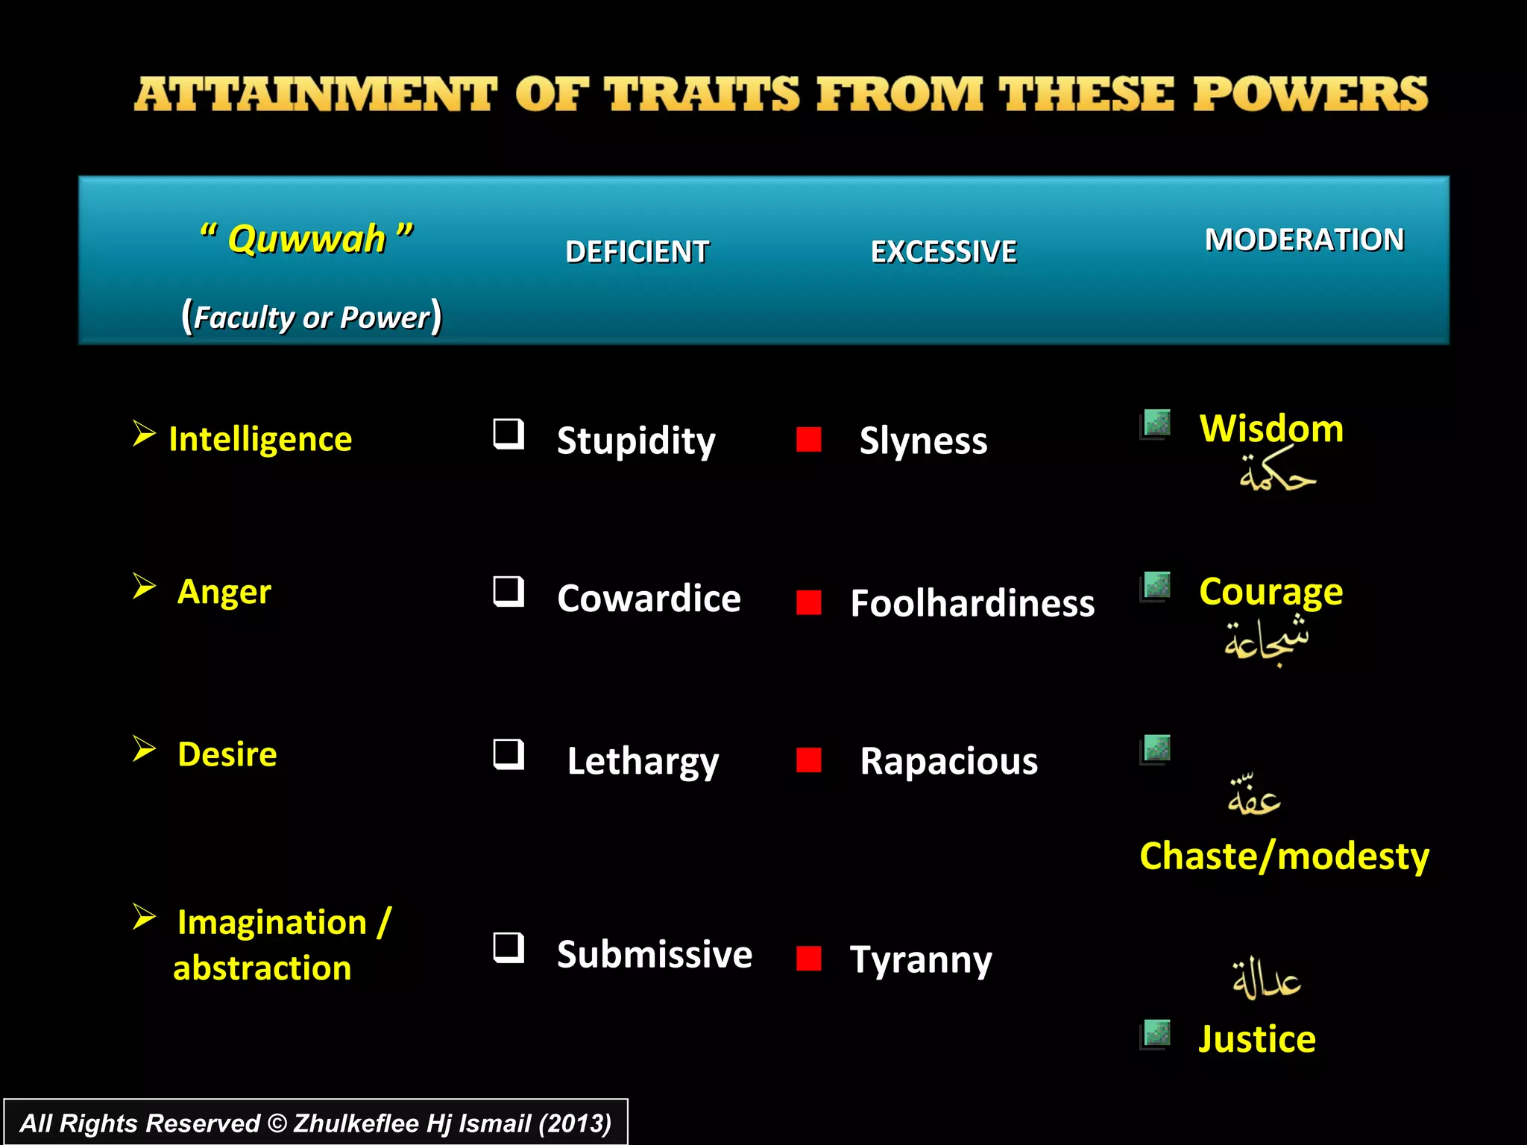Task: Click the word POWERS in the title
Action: [x=1310, y=95]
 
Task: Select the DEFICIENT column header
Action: [x=637, y=252]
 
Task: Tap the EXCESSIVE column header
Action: [x=943, y=252]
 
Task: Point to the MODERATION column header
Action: [x=1304, y=240]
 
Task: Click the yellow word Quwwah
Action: [x=306, y=239]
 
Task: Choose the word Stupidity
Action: [x=636, y=441]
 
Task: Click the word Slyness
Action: [x=923, y=441]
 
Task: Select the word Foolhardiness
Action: [x=972, y=603]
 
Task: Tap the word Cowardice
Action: [x=649, y=599]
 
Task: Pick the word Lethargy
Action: [x=643, y=762]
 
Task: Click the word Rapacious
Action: [x=948, y=761]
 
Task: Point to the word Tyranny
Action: [x=921, y=959]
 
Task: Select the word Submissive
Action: [x=655, y=955]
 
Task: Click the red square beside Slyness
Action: [x=808, y=439]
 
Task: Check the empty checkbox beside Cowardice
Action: [x=509, y=592]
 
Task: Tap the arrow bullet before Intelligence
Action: [x=143, y=433]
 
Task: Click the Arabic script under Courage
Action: [x=1267, y=640]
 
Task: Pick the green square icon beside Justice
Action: [x=1156, y=1034]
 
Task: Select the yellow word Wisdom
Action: [x=1271, y=429]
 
